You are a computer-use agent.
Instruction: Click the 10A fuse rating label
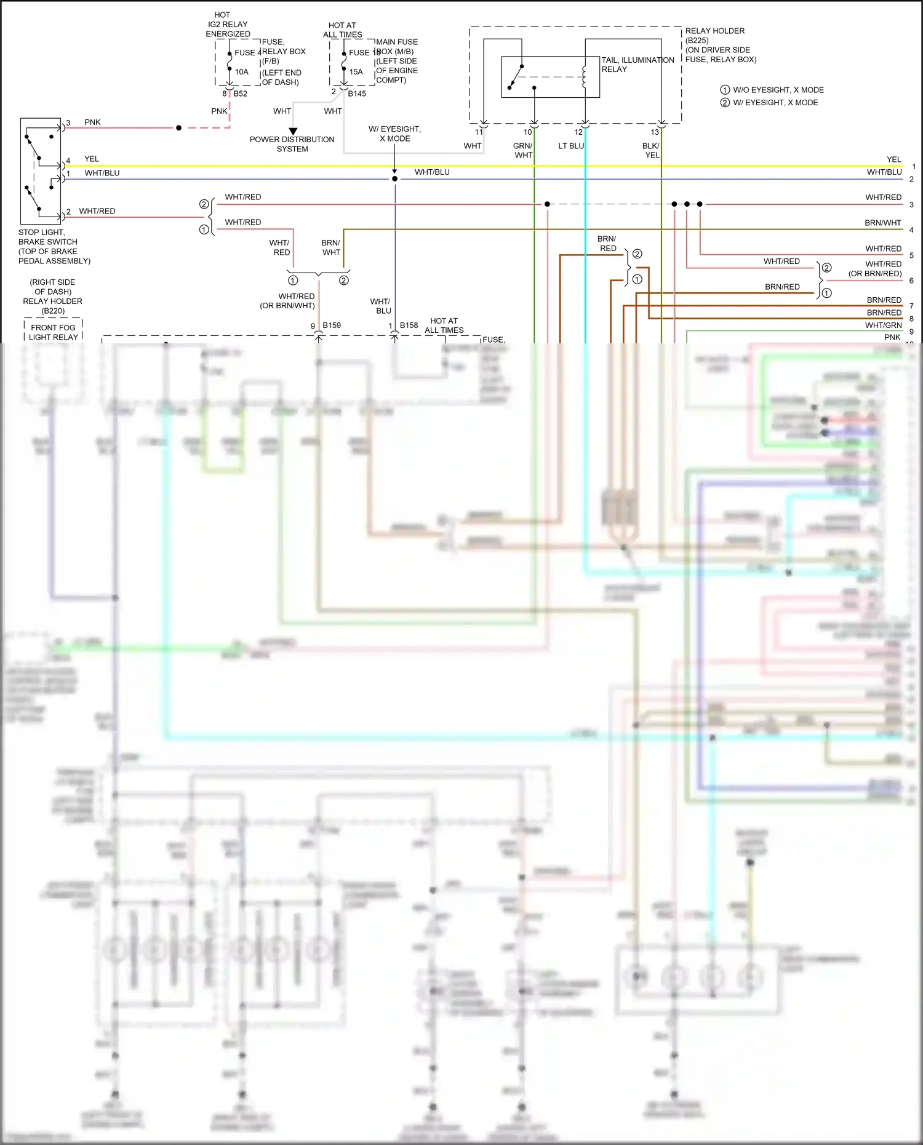point(241,72)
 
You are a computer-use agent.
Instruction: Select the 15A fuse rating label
point(356,72)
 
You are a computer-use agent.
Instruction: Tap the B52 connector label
point(240,94)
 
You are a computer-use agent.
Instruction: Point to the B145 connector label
point(357,94)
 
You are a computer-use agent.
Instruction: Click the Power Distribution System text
point(292,144)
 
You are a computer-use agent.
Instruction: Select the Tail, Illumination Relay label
point(637,65)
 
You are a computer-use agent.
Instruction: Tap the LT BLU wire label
point(570,146)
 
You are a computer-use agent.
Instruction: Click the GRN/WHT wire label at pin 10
point(523,150)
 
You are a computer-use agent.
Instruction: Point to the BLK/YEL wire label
point(651,150)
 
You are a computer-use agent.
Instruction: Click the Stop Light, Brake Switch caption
point(54,246)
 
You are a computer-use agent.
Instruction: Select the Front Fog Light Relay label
point(54,332)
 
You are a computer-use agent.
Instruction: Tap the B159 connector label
point(332,325)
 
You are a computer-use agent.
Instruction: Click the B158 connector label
point(409,325)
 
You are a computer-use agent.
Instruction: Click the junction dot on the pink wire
point(178,128)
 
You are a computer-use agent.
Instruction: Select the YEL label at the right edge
point(893,159)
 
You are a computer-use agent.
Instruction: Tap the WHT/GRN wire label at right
point(883,325)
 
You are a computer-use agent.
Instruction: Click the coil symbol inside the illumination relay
point(584,77)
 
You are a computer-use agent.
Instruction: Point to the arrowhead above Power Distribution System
point(293,131)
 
